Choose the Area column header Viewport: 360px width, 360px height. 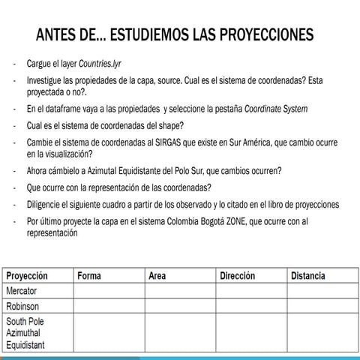click(x=157, y=276)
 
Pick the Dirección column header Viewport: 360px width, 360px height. click(x=238, y=276)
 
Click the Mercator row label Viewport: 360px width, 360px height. click(x=22, y=290)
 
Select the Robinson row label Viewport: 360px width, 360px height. click(x=22, y=306)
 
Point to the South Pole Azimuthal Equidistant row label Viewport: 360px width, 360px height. click(x=28, y=332)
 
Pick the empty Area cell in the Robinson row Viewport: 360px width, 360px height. click(x=180, y=306)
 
